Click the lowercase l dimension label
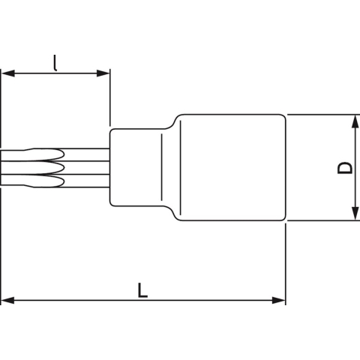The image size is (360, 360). pos(55,61)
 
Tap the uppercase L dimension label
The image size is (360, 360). pos(142,289)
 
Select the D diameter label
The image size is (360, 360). pos(343,167)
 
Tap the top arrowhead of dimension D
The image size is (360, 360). pos(352,121)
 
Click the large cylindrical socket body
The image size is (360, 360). pos(232,167)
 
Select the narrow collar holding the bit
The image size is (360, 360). pos(135,167)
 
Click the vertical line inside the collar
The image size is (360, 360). pos(162,167)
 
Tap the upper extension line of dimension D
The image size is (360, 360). pos(322,114)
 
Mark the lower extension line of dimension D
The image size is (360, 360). pos(322,221)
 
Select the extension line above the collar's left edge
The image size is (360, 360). pos(110,97)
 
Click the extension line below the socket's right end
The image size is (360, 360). pos(286,262)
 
